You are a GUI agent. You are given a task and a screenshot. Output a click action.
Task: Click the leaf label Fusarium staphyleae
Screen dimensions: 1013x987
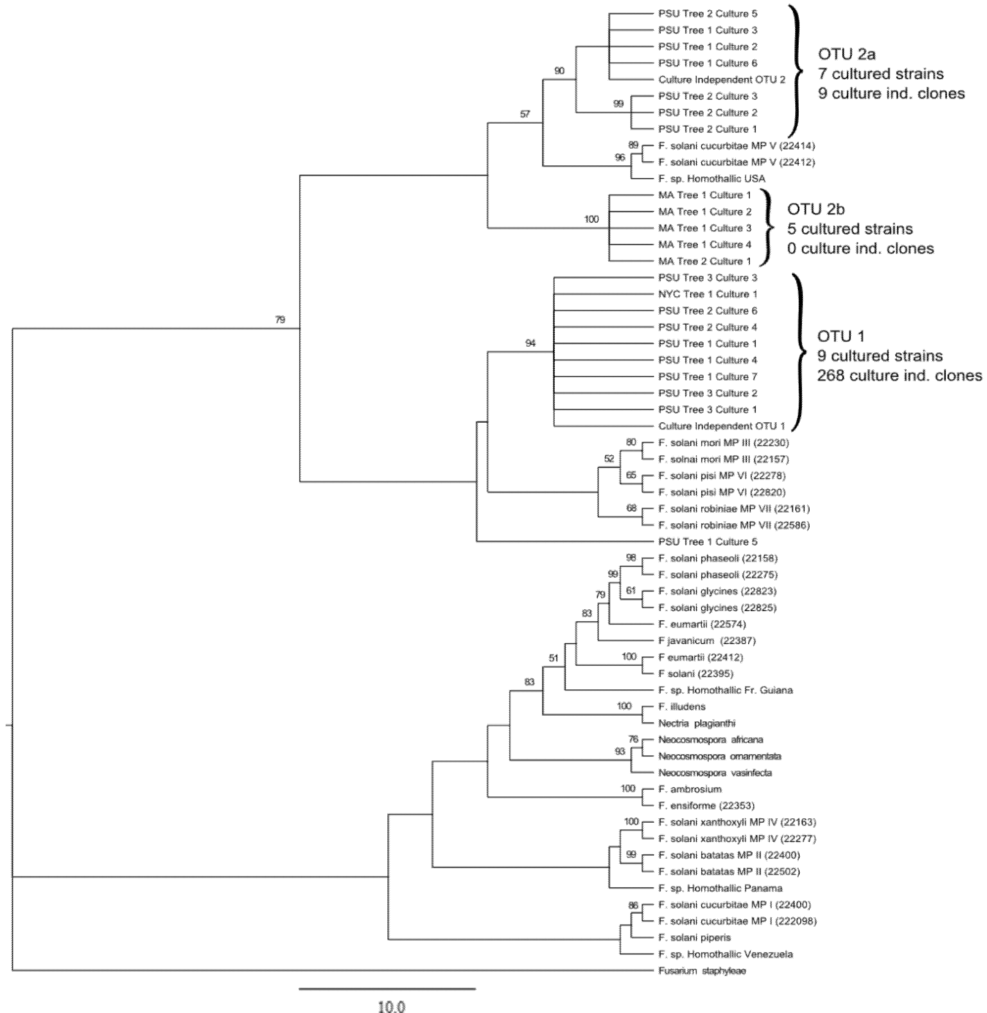[702, 971]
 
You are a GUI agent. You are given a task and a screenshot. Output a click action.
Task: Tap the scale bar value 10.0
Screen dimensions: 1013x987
[391, 1006]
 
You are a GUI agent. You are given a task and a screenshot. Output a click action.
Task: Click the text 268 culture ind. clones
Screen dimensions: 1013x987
[899, 376]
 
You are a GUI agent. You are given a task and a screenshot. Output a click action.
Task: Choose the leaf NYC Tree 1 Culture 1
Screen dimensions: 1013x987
[708, 294]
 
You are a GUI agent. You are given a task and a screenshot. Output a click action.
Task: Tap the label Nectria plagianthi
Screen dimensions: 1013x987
[697, 723]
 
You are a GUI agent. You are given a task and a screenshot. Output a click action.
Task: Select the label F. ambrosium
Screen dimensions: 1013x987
[690, 789]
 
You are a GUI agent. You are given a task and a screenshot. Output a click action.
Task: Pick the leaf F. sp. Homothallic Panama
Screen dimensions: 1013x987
[720, 888]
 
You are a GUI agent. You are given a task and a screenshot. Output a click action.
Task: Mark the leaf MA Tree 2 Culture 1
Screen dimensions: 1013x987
[704, 261]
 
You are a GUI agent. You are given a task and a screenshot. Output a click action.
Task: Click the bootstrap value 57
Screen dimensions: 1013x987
[525, 114]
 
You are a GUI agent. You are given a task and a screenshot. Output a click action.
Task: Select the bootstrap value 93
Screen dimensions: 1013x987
[620, 752]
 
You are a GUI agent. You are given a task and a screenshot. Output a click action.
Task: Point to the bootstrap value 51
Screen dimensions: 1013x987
[554, 658]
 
